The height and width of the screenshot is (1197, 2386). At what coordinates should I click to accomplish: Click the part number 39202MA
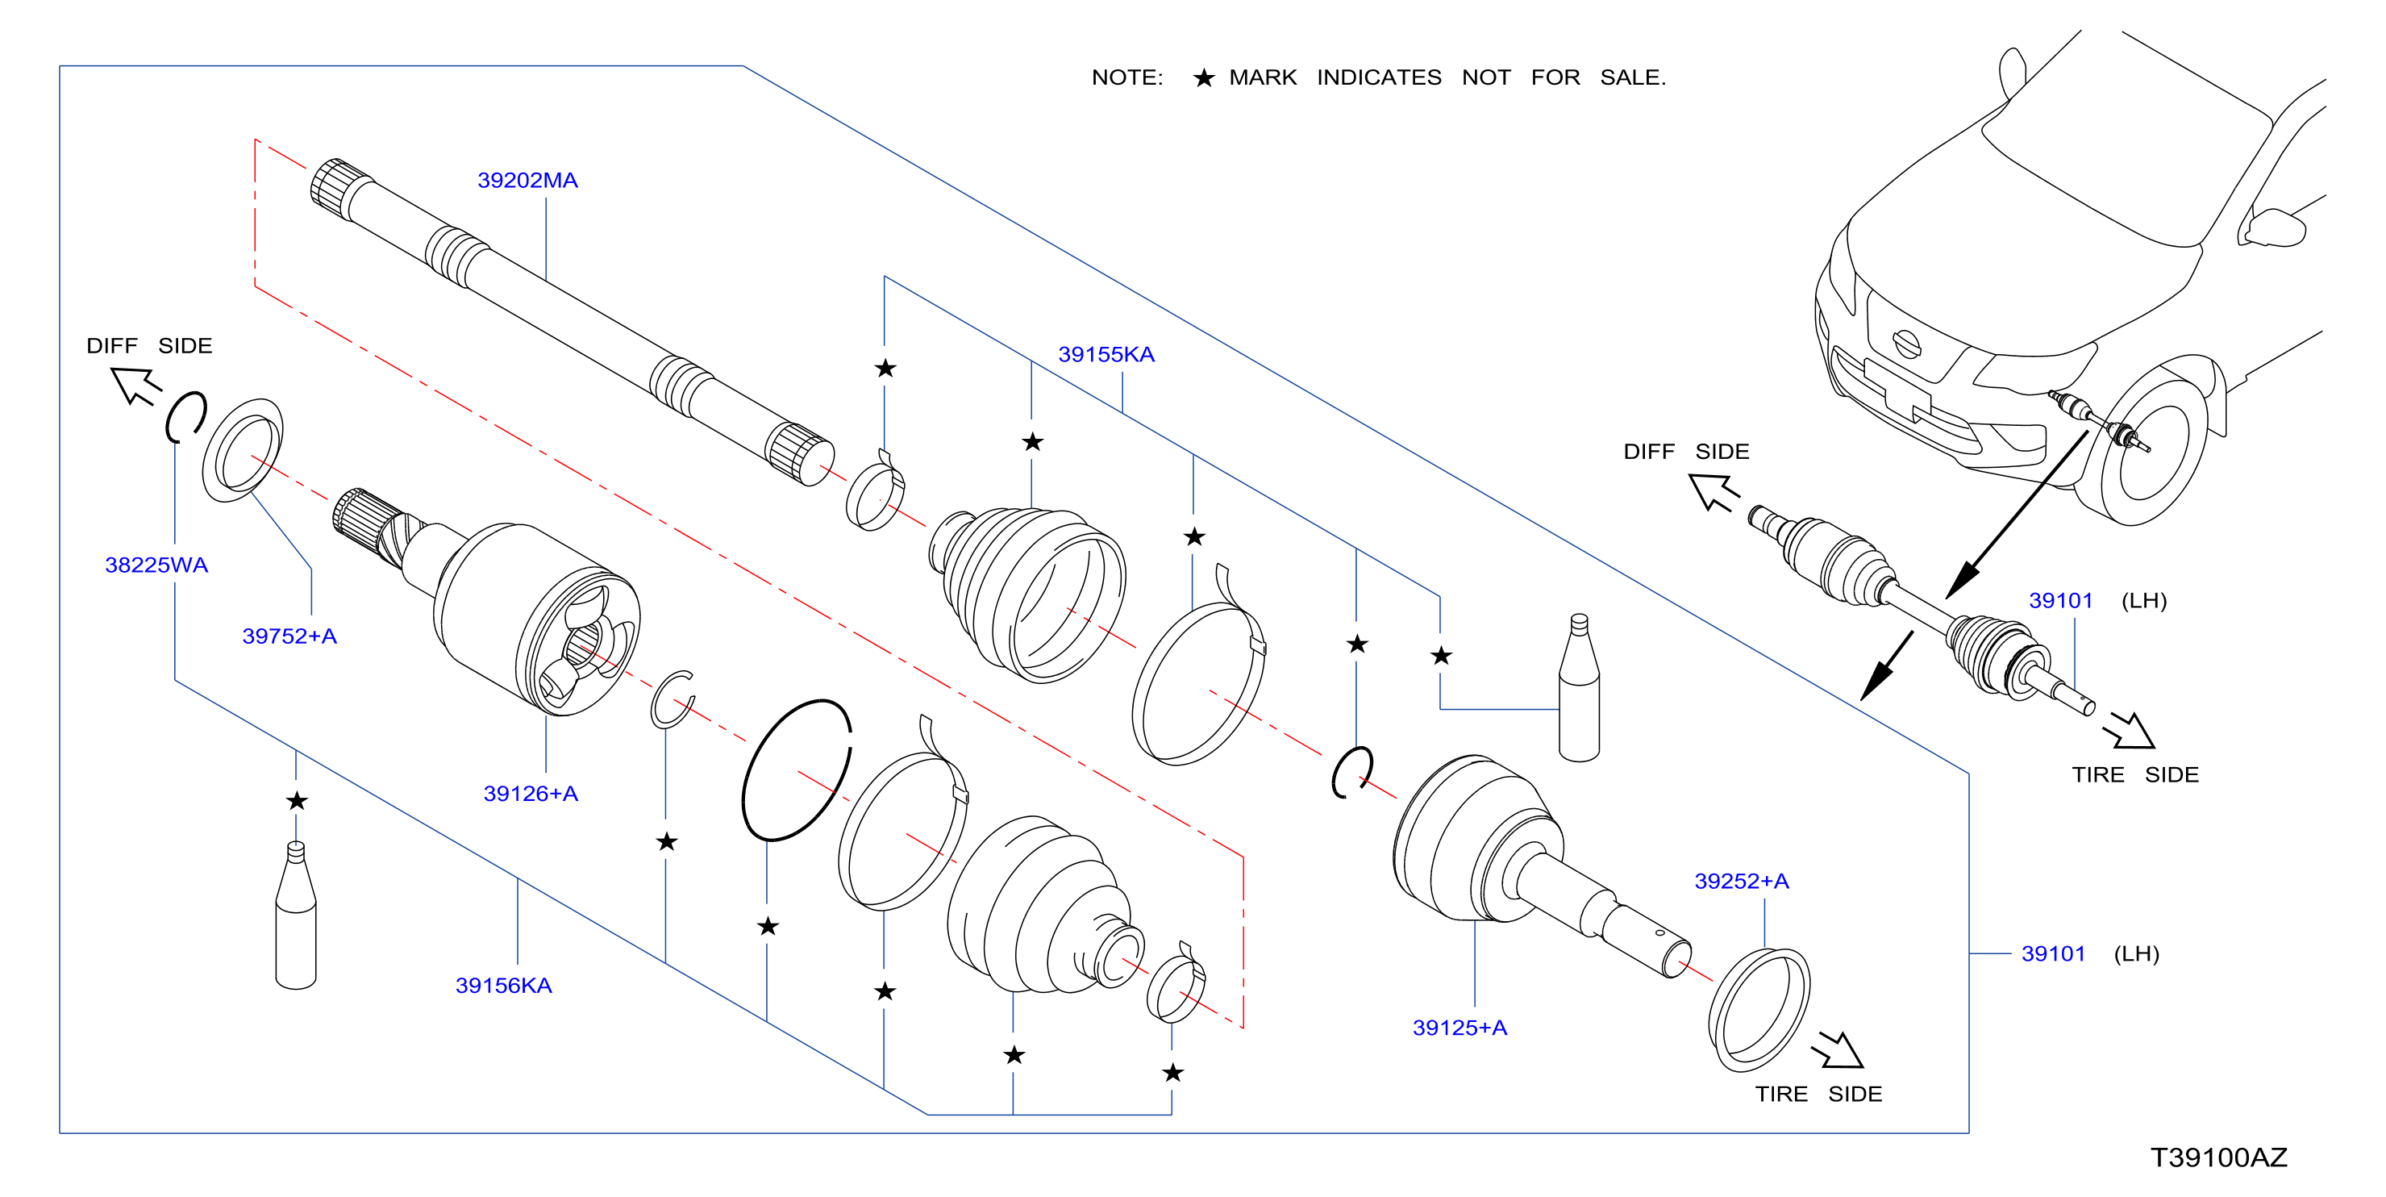(527, 180)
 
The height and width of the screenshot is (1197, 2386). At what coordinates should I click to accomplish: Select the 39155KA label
(1106, 354)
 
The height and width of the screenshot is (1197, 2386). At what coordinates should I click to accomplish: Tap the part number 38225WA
(156, 565)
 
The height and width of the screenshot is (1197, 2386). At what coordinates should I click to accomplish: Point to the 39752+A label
(289, 636)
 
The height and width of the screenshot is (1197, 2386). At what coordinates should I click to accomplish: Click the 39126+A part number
(531, 793)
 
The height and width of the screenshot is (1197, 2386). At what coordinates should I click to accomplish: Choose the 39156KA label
(503, 985)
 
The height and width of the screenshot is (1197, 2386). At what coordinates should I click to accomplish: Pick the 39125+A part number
(1459, 1028)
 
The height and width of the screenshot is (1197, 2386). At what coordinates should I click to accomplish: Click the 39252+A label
(1742, 881)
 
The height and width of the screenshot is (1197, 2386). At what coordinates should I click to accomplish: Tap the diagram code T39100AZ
(2218, 1157)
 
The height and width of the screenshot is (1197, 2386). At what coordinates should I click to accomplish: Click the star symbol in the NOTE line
(1203, 77)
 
